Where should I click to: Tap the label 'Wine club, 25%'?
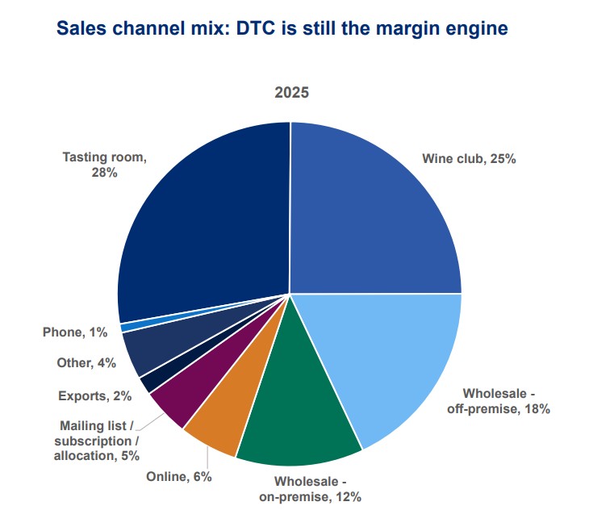469,159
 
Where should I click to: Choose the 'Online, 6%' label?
178,477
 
